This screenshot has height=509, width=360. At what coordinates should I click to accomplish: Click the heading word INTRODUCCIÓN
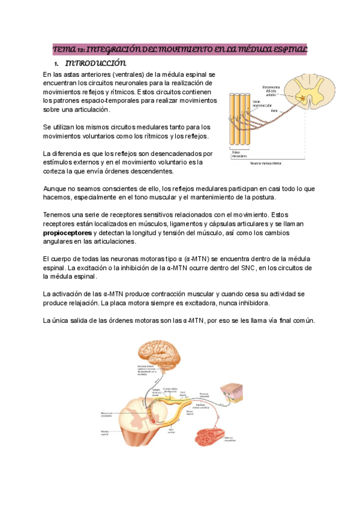95,63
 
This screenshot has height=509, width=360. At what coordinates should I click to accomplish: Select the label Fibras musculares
239,154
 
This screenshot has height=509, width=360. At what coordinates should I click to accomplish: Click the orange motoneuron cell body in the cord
303,97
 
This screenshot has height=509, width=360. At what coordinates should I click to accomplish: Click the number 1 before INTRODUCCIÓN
56,64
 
